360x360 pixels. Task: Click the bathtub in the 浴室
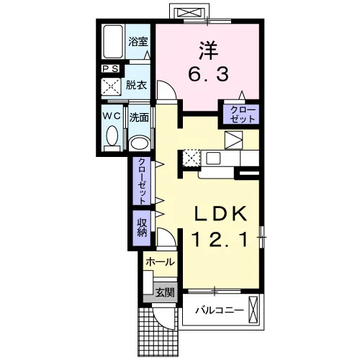[113, 42]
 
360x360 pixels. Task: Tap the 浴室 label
[138, 42]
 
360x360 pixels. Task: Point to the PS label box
[111, 69]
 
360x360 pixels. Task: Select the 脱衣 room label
[136, 85]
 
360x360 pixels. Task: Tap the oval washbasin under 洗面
[139, 143]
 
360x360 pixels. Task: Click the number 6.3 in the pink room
[208, 74]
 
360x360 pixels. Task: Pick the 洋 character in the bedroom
[208, 50]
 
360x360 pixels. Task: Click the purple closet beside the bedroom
[241, 114]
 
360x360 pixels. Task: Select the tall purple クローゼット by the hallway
[142, 181]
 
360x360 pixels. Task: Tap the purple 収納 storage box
[142, 228]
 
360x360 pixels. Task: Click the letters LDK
[220, 214]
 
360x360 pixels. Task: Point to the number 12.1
[220, 240]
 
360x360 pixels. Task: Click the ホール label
[160, 262]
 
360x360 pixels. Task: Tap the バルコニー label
[220, 310]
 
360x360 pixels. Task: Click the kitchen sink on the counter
[213, 158]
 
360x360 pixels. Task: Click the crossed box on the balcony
[253, 310]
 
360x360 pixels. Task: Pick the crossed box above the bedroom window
[189, 12]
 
